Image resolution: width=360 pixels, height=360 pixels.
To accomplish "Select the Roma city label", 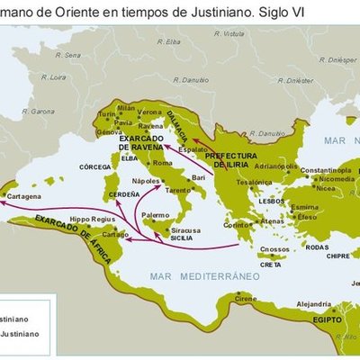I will pyautogui.click(x=162, y=163).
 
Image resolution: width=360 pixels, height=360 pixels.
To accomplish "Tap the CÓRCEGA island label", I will pyautogui.click(x=94, y=166).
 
